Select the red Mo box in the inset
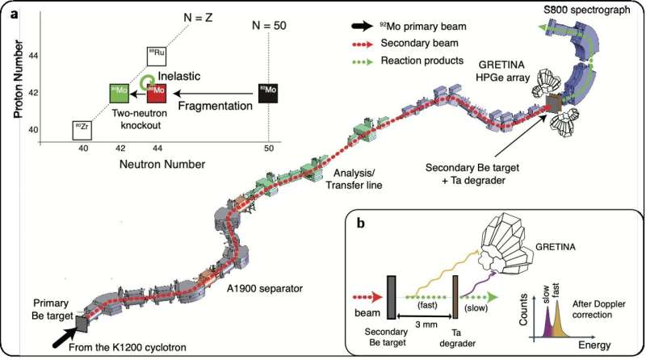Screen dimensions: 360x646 coord(157,93)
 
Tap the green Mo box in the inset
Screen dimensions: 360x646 coord(120,93)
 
